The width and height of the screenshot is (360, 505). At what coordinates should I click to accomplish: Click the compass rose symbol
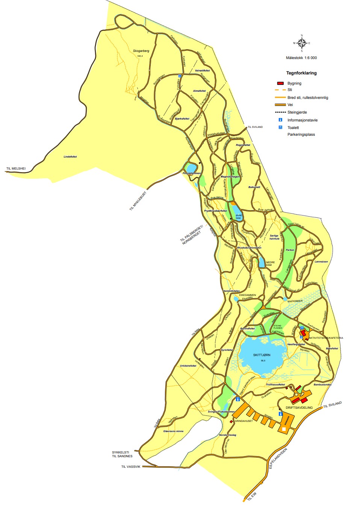point(302,43)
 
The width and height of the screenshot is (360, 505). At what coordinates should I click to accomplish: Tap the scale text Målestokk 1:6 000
point(301,58)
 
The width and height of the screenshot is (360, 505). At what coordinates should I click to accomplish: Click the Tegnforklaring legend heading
point(301,73)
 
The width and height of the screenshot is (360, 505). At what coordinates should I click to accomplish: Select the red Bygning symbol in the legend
point(280,83)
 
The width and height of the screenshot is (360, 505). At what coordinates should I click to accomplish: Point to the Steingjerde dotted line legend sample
point(280,112)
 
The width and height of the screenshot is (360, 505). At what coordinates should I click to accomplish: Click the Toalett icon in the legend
point(280,127)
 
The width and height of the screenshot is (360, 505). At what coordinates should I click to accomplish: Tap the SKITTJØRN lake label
point(262,355)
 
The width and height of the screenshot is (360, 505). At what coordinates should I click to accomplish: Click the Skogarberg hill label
point(141,51)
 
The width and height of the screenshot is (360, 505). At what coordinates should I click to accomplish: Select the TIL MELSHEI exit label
point(16,168)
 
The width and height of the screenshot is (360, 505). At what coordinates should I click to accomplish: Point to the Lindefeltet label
point(70,157)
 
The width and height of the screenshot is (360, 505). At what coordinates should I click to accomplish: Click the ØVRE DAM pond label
point(238,217)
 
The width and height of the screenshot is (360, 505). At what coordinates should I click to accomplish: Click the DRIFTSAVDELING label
point(299,408)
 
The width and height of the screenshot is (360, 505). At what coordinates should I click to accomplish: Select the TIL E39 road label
point(252,496)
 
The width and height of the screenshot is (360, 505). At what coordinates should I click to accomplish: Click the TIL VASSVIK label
point(130,467)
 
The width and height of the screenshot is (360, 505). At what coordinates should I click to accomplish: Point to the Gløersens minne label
point(173,431)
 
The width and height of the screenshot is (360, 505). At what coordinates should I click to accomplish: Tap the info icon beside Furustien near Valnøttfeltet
point(180,76)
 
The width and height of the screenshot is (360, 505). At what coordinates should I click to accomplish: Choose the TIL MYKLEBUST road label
point(138,201)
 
